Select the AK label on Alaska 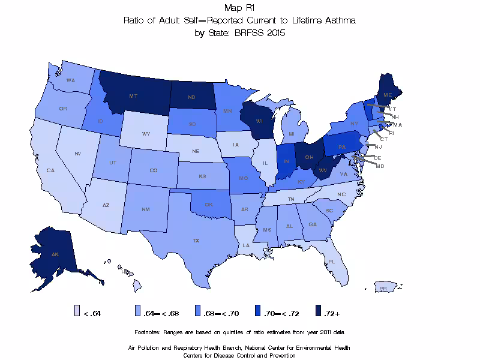[55, 254]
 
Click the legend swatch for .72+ [318, 310]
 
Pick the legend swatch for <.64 [77, 310]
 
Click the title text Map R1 [239, 8]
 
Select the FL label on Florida [331, 262]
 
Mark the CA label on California [50, 170]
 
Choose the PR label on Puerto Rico [382, 289]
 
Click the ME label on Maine [388, 95]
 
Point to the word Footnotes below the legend [152, 332]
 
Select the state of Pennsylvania [342, 146]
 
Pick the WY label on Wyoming [146, 134]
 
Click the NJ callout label [378, 146]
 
